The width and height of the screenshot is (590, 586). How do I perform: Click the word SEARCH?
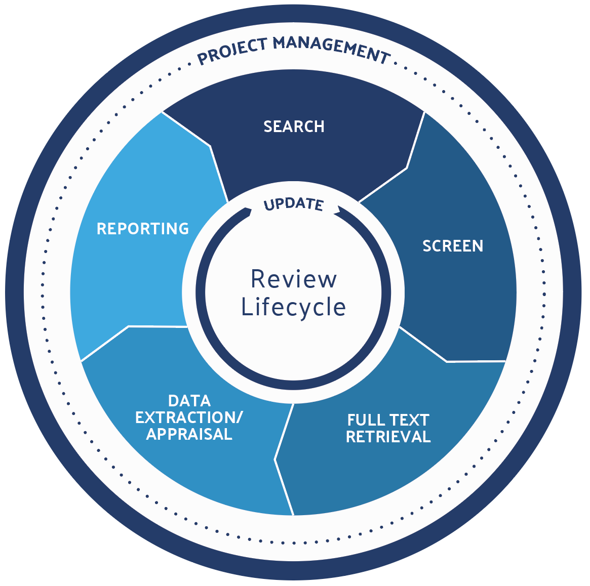coord(294,126)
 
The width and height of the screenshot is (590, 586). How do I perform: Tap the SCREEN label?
coord(453,246)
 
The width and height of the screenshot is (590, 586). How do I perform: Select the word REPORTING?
coord(143,229)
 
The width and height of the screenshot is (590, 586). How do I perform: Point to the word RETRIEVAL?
coord(388,437)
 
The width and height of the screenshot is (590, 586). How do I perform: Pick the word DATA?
coord(189,401)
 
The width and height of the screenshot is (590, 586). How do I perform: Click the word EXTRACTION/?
coord(189,417)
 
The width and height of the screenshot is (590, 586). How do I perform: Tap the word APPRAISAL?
coord(189,434)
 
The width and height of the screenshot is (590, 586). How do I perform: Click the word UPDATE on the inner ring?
coord(294,203)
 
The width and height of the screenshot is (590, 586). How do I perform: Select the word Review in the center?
coord(294,279)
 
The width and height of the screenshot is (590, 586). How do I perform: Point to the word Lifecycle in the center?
coord(294,307)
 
